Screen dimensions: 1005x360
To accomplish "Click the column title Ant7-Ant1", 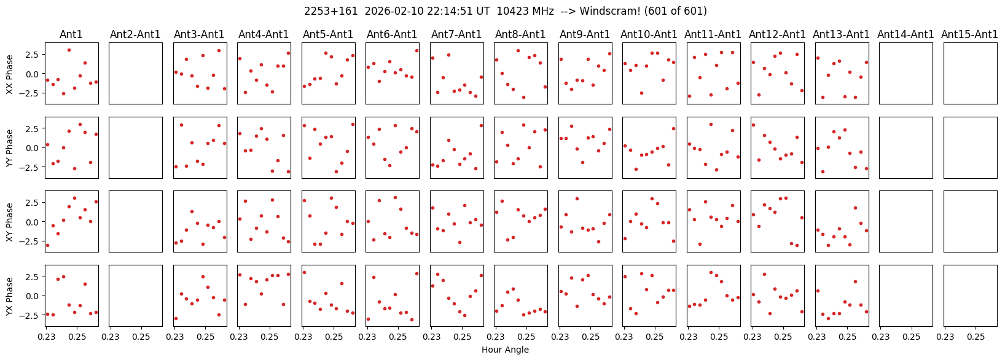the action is tap(456, 34).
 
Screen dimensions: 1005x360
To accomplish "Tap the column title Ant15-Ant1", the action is tap(969, 34).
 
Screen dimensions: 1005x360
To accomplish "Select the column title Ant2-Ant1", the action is tap(135, 34).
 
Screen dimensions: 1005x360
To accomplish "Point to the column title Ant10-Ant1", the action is tap(649, 34).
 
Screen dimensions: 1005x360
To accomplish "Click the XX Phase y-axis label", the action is tap(9, 73).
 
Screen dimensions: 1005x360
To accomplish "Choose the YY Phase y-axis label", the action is tap(9, 147).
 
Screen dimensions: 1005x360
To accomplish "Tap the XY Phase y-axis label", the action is tap(9, 222).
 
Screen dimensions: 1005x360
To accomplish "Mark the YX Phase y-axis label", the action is tap(9, 296).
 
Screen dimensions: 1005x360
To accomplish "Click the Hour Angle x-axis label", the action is tap(505, 350).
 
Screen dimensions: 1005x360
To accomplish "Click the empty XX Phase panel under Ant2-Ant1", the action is tap(136, 73).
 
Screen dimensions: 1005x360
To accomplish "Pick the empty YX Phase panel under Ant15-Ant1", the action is tap(970, 296).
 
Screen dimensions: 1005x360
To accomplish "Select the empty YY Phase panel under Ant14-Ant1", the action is tap(906, 147).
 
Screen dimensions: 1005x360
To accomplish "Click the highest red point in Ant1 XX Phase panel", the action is tap(69, 50).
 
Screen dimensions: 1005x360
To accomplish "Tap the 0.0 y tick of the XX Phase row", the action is tap(36, 74).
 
